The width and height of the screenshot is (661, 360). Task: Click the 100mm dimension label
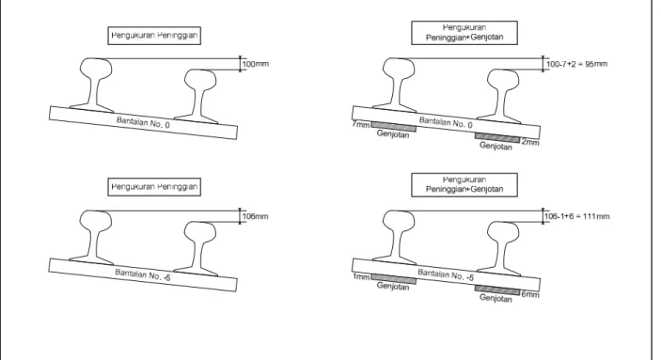pos(256,64)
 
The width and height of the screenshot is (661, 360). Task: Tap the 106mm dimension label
pos(256,217)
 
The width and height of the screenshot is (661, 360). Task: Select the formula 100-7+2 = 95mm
pos(577,64)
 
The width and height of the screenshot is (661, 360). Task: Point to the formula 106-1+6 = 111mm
pos(577,217)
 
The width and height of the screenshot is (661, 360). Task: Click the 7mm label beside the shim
pos(361,125)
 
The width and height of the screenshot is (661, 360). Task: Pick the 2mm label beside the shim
pos(530,143)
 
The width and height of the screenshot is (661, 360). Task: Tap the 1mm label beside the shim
pos(361,277)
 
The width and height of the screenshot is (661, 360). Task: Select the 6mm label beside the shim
pos(530,294)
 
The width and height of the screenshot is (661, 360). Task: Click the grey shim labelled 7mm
pos(394,127)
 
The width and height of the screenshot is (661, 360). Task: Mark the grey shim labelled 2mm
pos(497,138)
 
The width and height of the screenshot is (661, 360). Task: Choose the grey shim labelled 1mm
pos(394,279)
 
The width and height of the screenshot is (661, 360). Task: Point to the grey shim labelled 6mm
pos(497,290)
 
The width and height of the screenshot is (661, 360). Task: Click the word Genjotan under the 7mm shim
pos(393,134)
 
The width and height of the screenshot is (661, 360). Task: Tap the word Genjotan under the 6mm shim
pos(496,299)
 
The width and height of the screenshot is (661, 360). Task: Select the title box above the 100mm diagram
pos(154,36)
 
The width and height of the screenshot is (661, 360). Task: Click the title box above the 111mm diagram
pos(464,184)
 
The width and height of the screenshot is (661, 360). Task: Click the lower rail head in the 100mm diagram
pos(200,79)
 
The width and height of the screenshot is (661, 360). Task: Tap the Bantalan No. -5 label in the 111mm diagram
pos(446,274)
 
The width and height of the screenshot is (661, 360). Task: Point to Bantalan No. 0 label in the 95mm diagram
pos(446,122)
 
